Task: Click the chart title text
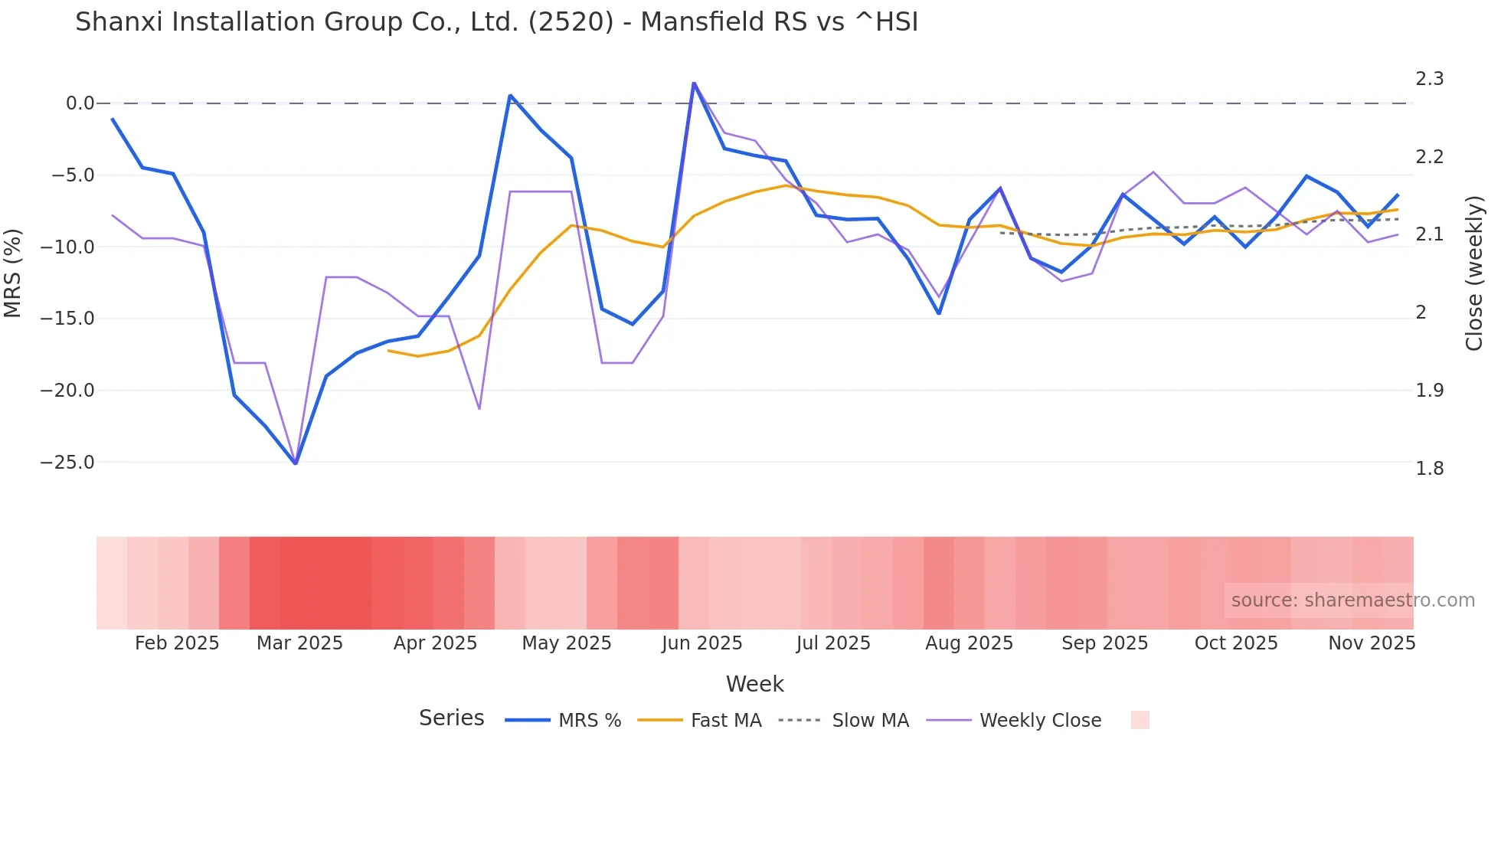[496, 22]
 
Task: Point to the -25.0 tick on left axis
[67, 463]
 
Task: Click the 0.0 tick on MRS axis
[80, 103]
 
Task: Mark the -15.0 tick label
[67, 319]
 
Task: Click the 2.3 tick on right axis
[1429, 79]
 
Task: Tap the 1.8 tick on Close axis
[1429, 468]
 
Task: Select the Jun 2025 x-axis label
[701, 643]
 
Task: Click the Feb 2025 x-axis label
[177, 643]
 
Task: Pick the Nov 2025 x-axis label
[1371, 643]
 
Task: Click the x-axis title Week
[754, 684]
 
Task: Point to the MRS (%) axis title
[13, 273]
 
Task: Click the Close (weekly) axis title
[1474, 273]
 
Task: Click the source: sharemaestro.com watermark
[1352, 600]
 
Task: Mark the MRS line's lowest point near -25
[296, 463]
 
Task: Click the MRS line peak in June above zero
[694, 83]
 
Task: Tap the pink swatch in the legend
[1140, 720]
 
